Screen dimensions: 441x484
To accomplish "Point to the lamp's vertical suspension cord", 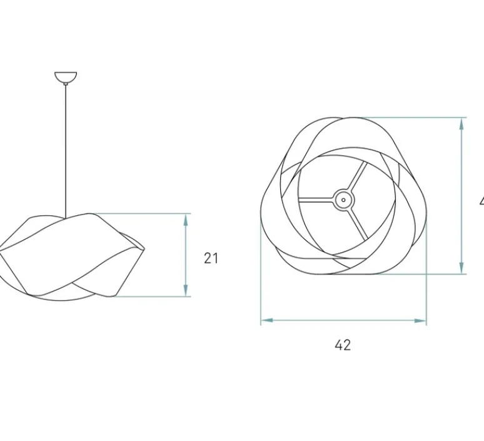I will point(65,150).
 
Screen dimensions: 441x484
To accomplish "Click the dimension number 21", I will point(211,258).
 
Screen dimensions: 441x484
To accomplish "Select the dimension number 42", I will point(343,345).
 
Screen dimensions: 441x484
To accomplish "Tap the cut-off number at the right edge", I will point(480,201).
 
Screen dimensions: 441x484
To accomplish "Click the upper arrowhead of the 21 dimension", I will point(186,219).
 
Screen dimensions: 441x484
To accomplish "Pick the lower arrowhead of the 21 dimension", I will point(186,291).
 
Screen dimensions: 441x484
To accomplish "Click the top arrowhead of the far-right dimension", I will point(461,123).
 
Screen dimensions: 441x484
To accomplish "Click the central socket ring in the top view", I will point(343,200).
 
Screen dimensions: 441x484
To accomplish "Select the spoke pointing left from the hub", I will point(316,200).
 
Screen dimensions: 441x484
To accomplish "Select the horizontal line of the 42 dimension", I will point(343,320).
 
